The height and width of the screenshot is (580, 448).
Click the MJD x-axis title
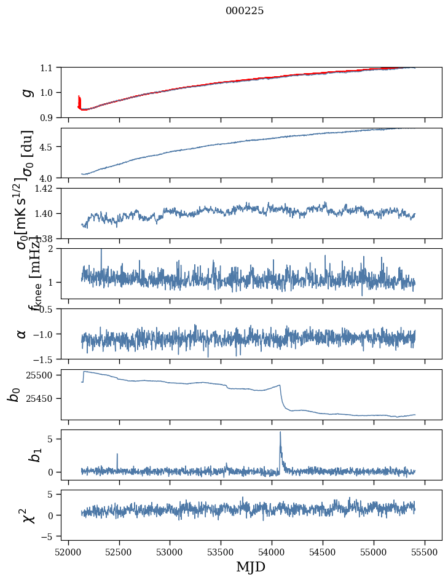[251, 567]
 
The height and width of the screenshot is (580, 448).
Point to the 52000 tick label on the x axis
[68, 552]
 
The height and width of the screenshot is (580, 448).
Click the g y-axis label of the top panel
[26, 92]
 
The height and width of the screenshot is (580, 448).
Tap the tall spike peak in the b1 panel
[280, 433]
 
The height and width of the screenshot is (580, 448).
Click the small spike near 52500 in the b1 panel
[117, 455]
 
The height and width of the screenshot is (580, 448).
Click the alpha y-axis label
[22, 334]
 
